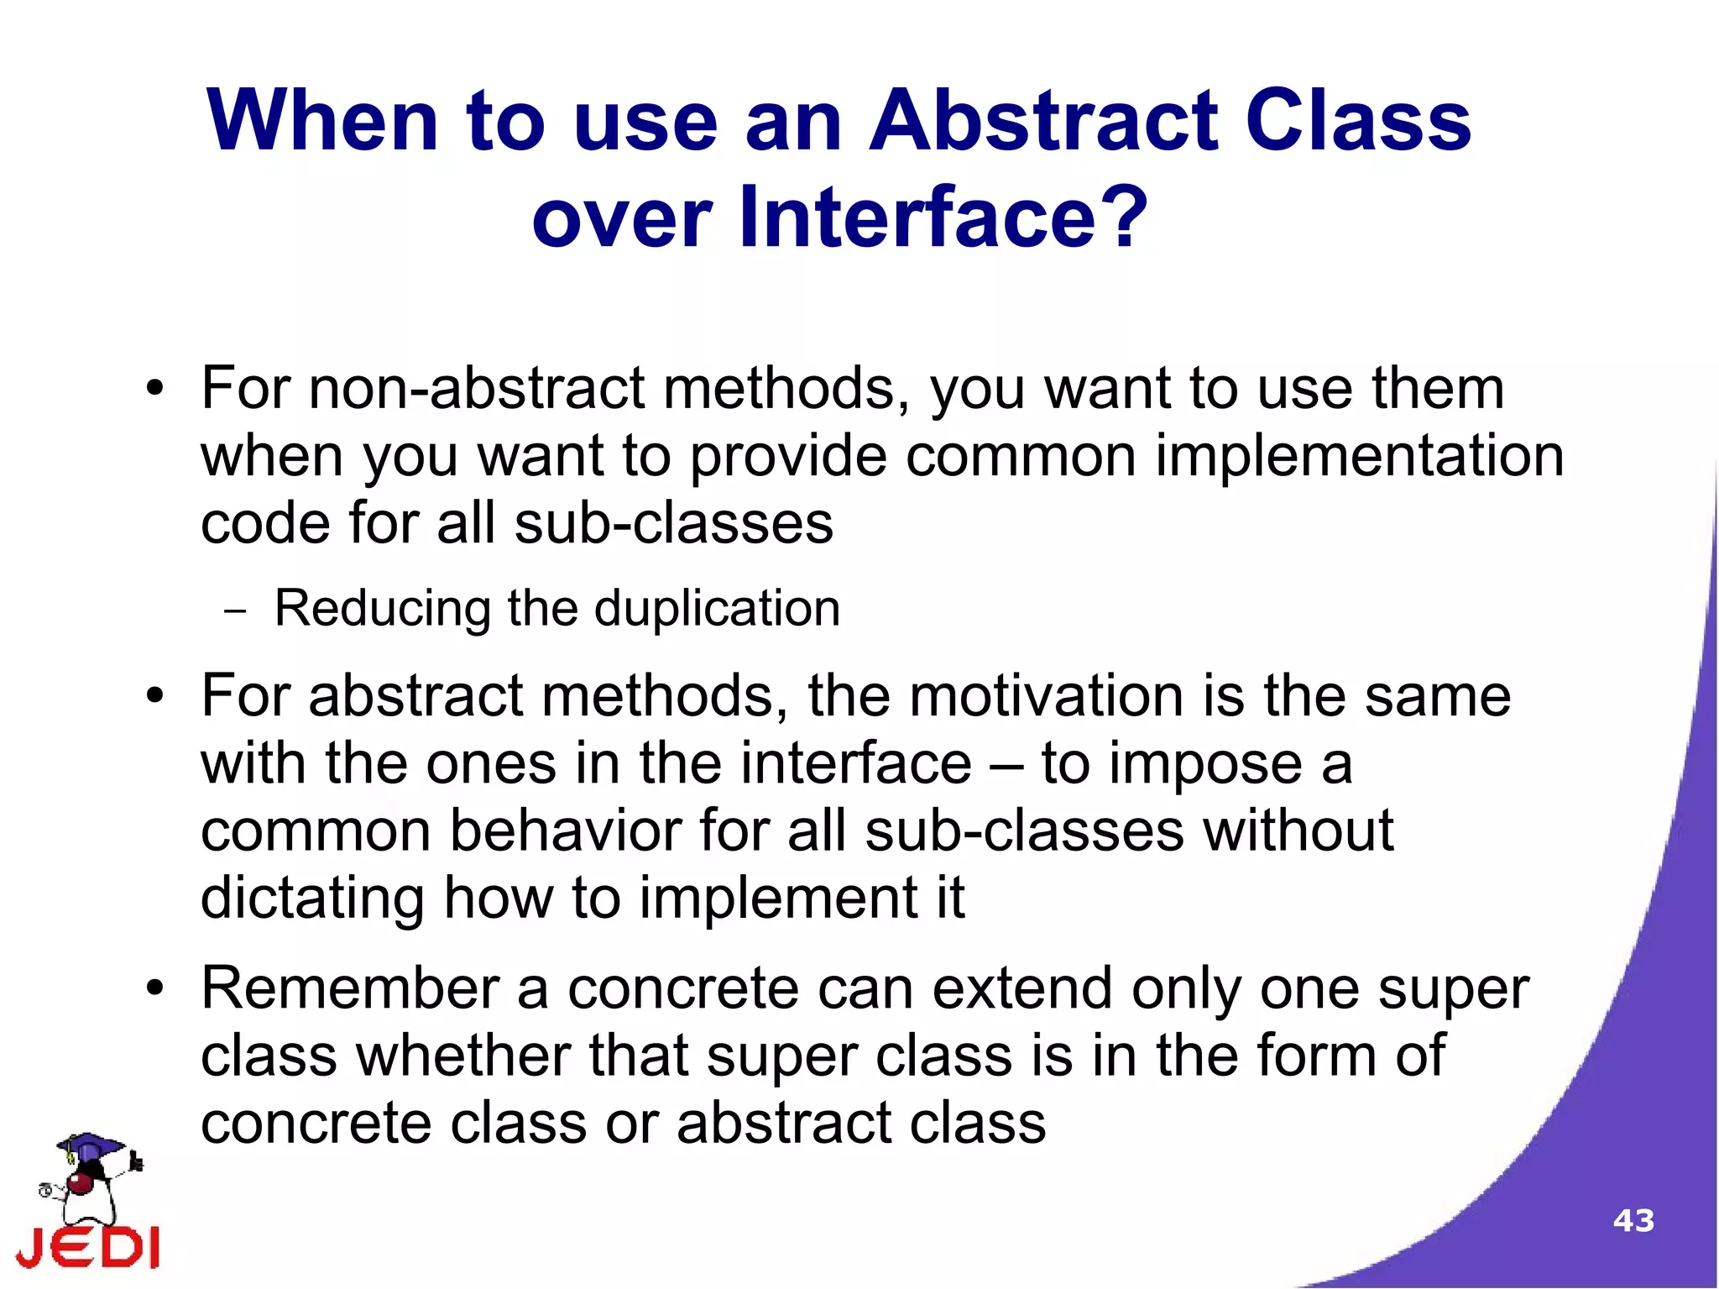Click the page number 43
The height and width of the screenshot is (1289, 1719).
(1633, 1220)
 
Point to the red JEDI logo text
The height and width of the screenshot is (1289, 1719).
(88, 1247)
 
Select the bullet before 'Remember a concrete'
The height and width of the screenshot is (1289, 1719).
(154, 988)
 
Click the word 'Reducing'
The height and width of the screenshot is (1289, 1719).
(383, 609)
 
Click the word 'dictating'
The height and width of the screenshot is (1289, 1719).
(312, 899)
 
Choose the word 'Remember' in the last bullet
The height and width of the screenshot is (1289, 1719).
(350, 988)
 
